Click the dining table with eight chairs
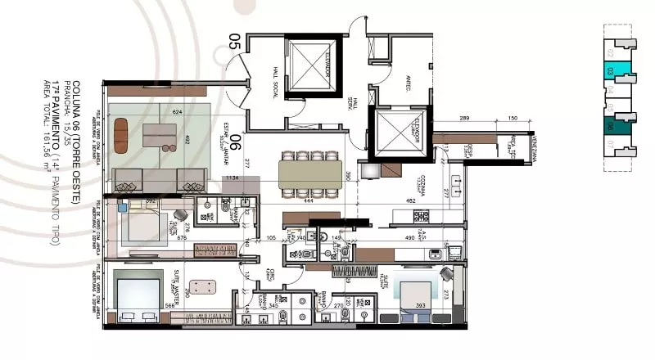310,173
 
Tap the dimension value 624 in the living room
176,112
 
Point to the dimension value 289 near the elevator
463,119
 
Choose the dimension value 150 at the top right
512,119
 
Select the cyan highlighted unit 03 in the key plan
608,72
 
